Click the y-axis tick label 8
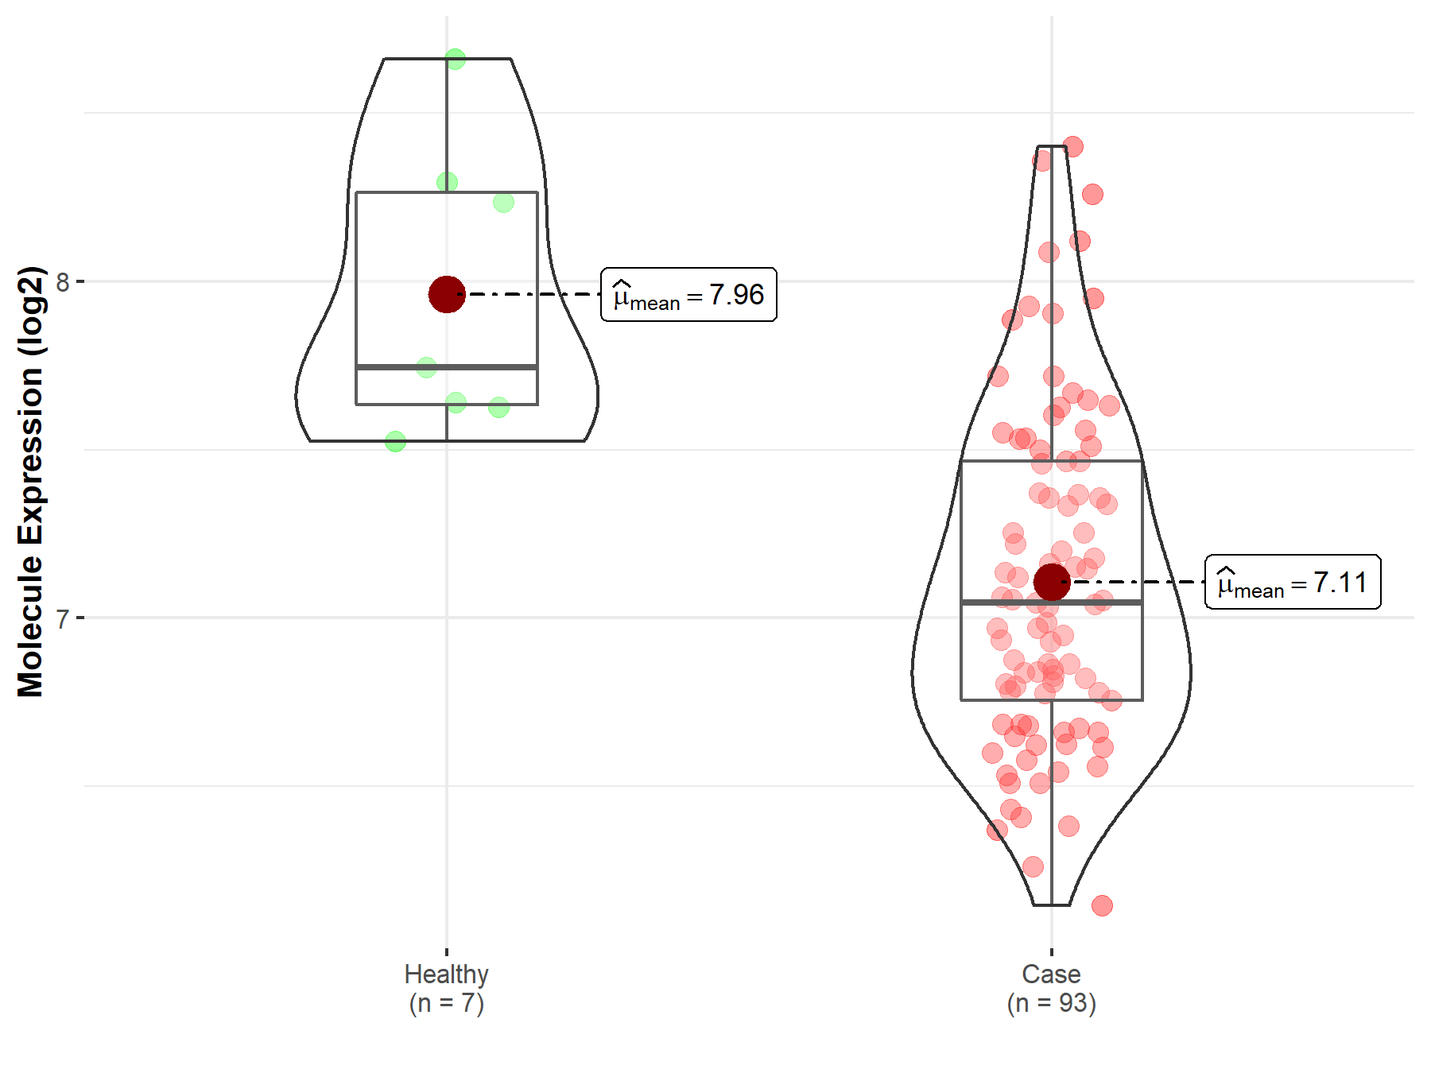[63, 281]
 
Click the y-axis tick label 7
[63, 618]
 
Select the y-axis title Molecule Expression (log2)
[30, 482]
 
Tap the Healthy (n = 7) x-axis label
[446, 988]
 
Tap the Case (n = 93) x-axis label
[1051, 988]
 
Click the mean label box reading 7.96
[688, 295]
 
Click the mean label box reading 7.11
[1293, 582]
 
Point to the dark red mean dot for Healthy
[447, 294]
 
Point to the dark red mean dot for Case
[1052, 582]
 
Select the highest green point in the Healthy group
[455, 59]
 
